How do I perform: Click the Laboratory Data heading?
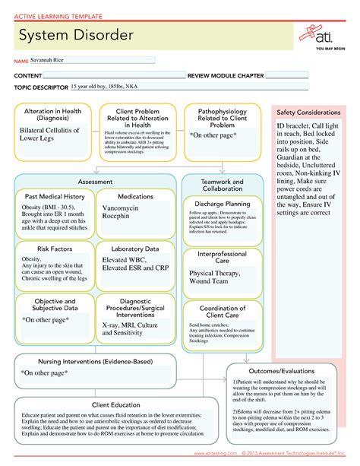[134, 249]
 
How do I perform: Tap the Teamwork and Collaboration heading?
[223, 185]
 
